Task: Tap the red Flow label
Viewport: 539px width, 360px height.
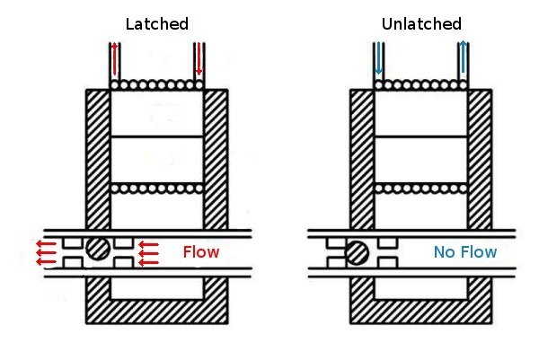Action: (x=200, y=251)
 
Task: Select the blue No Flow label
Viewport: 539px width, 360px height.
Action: (x=464, y=252)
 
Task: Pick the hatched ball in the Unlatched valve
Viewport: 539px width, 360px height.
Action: (x=358, y=252)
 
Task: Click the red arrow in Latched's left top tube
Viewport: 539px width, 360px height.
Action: (x=115, y=60)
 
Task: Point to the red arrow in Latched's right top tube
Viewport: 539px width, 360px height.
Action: (x=199, y=60)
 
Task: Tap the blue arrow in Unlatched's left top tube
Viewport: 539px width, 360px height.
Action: (x=379, y=60)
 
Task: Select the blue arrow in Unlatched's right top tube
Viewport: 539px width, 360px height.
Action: (x=463, y=60)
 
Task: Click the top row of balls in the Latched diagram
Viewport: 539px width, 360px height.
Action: (x=157, y=85)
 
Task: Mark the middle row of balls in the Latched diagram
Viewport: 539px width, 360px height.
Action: (x=157, y=189)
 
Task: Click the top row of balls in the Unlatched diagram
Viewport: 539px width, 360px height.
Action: (x=421, y=85)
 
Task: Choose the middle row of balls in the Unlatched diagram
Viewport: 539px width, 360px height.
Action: (x=421, y=189)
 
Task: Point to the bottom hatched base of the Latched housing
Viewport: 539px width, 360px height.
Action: (x=157, y=313)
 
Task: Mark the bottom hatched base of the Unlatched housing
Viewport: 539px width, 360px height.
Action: (x=421, y=313)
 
